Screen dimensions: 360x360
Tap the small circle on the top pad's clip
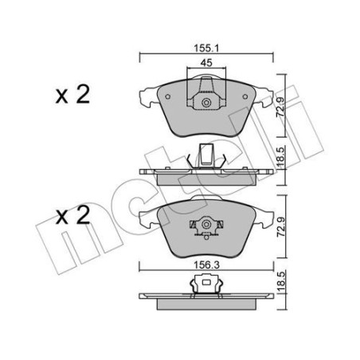[x=207, y=102]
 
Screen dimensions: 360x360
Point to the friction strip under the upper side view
[x=206, y=178]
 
